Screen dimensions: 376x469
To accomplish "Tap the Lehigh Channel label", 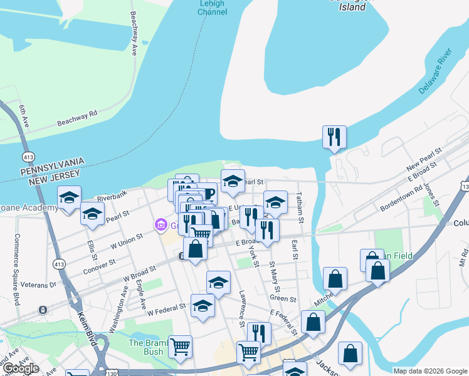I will coord(212,8).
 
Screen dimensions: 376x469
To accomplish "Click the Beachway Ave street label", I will coord(134,34).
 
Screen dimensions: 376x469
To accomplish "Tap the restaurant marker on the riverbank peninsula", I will coord(334,137).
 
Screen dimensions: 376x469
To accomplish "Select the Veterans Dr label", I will coord(38,284).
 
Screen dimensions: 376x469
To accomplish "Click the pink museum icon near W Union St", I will coord(160,224).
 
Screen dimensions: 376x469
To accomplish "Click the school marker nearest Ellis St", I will coord(92,214).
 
